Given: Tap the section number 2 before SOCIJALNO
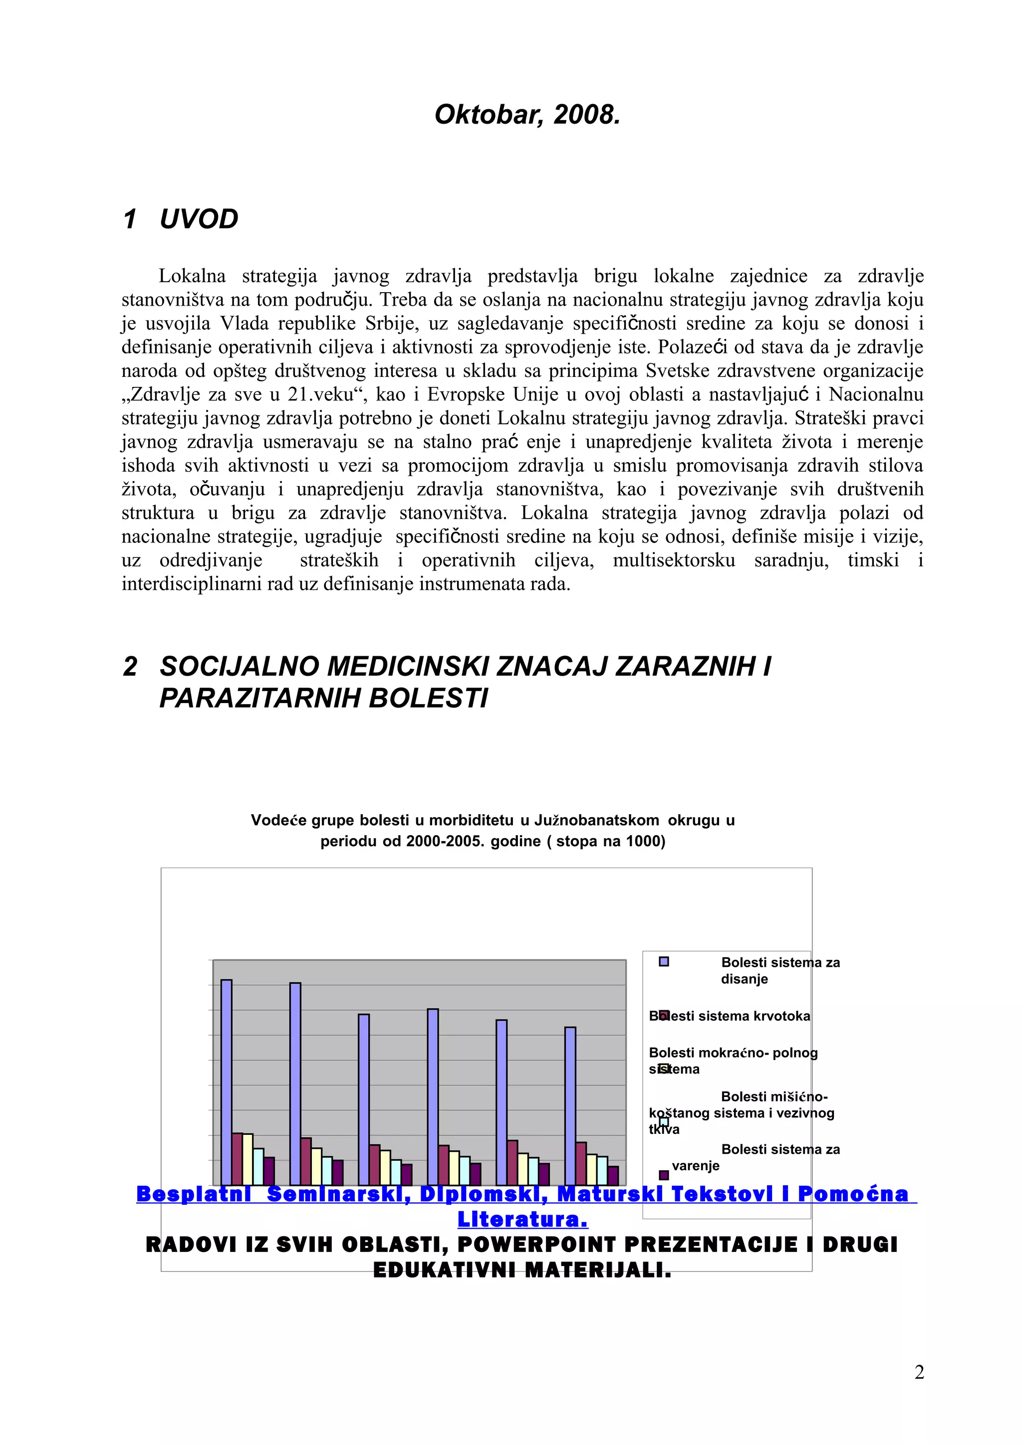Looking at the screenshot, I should point(130,667).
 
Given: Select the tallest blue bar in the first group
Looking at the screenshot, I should point(227,1083).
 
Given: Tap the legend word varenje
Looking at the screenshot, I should point(695,1166).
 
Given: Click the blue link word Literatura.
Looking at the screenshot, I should point(522,1220).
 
